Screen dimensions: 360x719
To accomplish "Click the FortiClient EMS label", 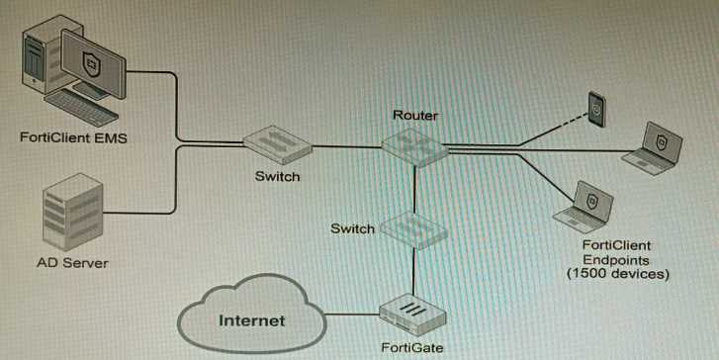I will coord(73,137).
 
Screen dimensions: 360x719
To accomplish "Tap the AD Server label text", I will coord(72,263).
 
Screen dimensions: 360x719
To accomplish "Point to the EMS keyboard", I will coord(83,108).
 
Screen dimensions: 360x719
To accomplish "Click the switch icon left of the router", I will coord(276,145).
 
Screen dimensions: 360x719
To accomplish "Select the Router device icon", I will coord(414,145).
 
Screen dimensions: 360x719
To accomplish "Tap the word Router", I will coord(414,116).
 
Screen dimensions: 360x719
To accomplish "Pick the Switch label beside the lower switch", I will coord(352,228).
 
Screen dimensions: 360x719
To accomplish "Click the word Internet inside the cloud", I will coord(251,320).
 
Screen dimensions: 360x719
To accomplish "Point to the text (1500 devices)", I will coord(618,273).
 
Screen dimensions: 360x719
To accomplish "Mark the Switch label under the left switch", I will coord(276,177).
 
